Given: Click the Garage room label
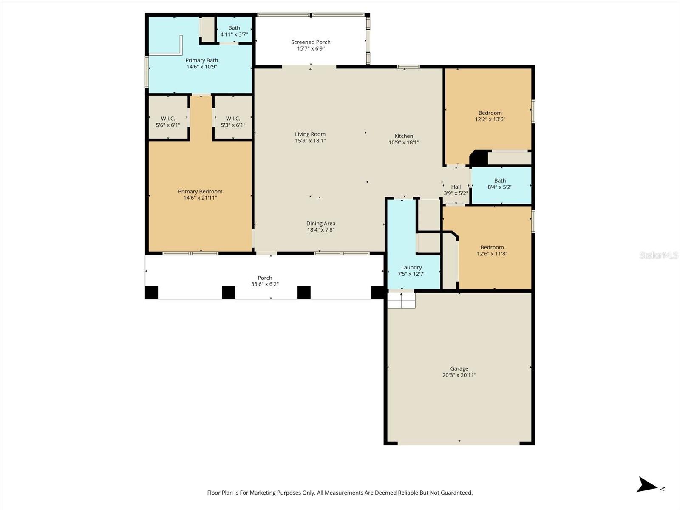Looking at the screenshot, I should click(459, 369).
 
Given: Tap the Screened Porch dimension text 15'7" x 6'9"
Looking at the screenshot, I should click(311, 49).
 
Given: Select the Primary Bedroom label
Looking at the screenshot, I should click(200, 192).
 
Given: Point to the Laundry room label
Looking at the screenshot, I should click(411, 268).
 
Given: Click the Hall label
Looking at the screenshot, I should click(456, 187).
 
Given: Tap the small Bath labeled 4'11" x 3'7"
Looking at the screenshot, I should click(234, 31).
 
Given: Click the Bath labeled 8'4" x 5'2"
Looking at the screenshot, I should click(500, 184).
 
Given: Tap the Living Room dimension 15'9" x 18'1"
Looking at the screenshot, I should click(310, 141).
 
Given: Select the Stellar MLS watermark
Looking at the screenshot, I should click(658, 255).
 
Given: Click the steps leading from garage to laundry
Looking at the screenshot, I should click(401, 300).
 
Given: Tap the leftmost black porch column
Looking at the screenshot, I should click(151, 292).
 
